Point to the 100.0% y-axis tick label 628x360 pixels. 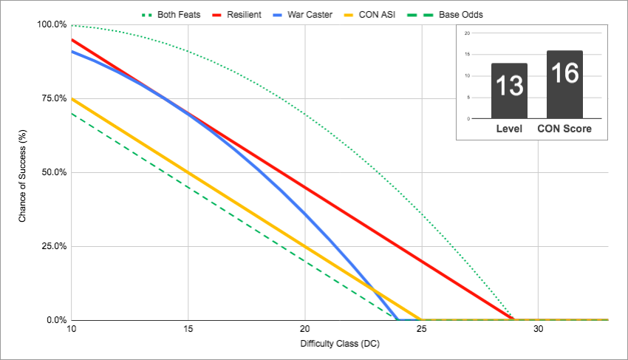(51, 24)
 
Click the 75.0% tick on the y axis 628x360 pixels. (53, 98)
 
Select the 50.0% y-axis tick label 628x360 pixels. (53, 172)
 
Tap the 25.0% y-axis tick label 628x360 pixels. (53, 246)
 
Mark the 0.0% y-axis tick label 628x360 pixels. (55, 320)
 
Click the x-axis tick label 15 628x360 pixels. (188, 329)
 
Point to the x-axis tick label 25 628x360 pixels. (421, 329)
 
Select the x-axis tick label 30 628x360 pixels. (538, 329)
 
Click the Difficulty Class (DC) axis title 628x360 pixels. (339, 344)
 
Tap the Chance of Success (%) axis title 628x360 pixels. (23, 172)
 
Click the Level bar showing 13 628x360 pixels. (509, 91)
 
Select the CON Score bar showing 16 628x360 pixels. (564, 84)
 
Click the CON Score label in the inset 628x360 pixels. (564, 129)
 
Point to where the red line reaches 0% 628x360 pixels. (514, 319)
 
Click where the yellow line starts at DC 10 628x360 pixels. (72, 98)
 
